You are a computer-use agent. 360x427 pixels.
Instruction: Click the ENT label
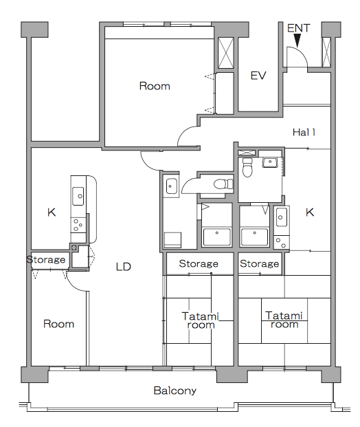[x=298, y=28]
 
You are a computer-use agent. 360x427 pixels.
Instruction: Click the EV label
[x=258, y=76]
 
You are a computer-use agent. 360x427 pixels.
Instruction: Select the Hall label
[x=304, y=132]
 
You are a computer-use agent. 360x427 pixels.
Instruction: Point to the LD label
[x=124, y=267]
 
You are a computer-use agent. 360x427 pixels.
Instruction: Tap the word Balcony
[x=175, y=391]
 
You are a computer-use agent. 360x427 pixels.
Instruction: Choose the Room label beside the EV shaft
[x=155, y=86]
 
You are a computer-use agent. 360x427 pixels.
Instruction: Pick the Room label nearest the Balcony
[x=59, y=324]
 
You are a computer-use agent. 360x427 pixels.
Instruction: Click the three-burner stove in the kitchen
[x=78, y=226]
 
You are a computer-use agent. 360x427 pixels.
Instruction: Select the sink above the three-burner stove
[x=78, y=196]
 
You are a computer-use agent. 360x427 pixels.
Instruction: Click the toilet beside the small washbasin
[x=247, y=167]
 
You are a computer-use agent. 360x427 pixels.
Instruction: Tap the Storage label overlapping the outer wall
[x=46, y=260]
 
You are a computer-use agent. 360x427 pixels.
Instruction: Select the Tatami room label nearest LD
[x=201, y=320]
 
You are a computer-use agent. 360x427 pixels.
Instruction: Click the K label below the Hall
[x=310, y=212]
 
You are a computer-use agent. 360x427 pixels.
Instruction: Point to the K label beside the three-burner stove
[x=52, y=212]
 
